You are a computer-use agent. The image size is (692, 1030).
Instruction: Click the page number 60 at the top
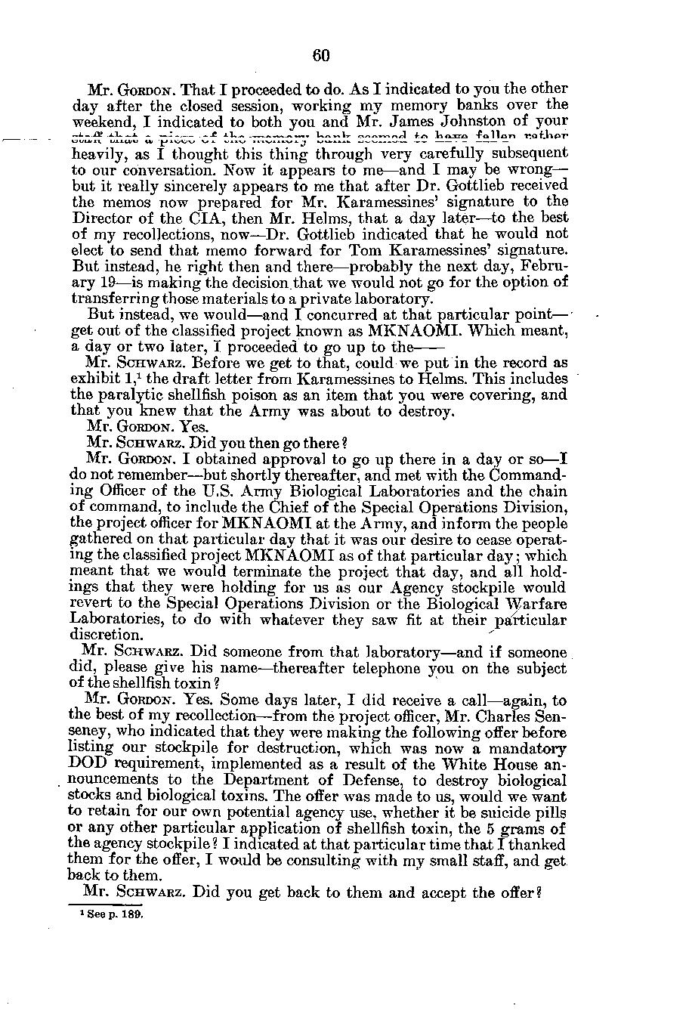point(321,55)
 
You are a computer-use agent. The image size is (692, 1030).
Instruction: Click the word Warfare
point(536,603)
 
